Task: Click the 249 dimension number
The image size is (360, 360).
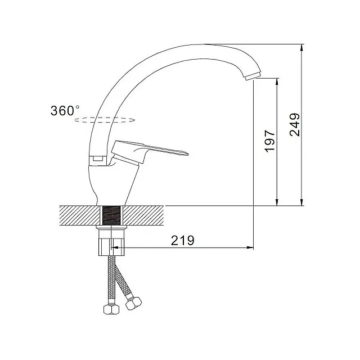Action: coord(295,125)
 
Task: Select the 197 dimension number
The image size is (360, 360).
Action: coord(270,141)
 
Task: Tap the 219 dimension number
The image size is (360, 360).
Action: coord(182,240)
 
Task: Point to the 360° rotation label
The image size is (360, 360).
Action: coord(65,111)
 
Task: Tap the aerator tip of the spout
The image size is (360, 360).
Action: coord(253,75)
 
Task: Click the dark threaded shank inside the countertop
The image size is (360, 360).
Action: coord(111,215)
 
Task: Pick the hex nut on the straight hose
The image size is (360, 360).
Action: coord(111,309)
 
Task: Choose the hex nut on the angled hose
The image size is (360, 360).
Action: coord(133,303)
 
